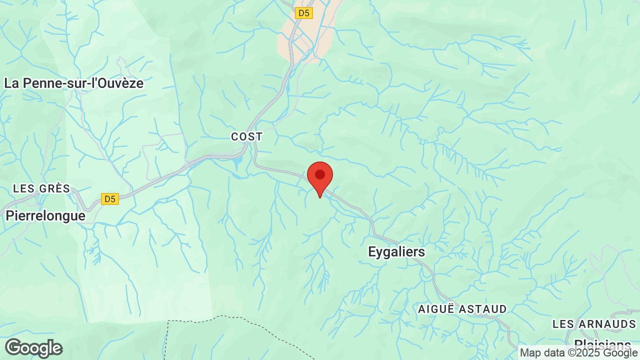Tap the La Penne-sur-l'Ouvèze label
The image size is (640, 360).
[x=74, y=83]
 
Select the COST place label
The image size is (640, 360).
[x=246, y=136]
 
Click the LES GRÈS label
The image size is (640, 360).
[x=41, y=188]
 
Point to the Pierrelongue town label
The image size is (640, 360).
[x=45, y=215]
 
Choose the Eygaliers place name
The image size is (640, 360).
[x=396, y=251]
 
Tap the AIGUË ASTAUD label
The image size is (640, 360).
[x=462, y=309]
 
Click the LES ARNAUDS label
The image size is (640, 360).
[x=594, y=324]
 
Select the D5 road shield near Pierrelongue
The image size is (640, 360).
[x=109, y=199]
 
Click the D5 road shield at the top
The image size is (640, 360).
[x=303, y=13]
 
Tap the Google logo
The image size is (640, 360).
[x=33, y=348]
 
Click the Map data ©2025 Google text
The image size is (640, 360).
[x=578, y=353]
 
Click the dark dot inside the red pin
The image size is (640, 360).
[x=320, y=174]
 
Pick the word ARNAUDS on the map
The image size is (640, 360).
[x=607, y=324]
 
